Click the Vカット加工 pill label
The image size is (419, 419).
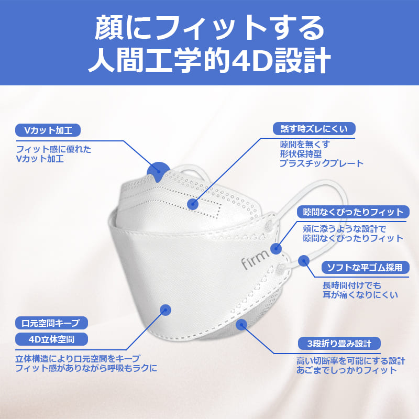tap(48, 130)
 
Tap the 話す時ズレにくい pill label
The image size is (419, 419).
tap(314, 129)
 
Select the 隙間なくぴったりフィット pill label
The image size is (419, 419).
tap(353, 212)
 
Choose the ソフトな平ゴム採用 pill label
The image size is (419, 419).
tap(365, 267)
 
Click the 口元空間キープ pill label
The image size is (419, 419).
tap(51, 323)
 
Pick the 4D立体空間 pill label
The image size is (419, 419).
tap(51, 339)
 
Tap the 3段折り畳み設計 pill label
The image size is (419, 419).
tap(339, 344)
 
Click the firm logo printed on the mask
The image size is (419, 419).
tap(255, 259)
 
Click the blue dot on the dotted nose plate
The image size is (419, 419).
tap(193, 204)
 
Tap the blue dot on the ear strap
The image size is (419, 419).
tap(304, 261)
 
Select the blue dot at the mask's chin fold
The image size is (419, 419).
tap(241, 325)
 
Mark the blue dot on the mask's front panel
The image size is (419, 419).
tap(166, 310)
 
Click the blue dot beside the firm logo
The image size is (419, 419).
tap(276, 248)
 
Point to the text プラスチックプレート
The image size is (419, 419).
tap(322, 163)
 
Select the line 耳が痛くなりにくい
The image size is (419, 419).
tap(360, 294)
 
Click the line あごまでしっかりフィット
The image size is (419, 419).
tap(347, 370)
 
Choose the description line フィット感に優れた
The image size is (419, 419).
tap(54, 149)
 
